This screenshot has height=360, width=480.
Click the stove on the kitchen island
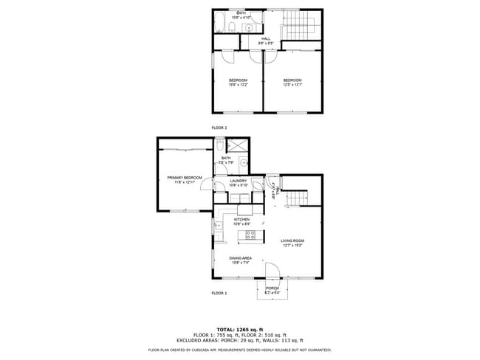click(250, 235)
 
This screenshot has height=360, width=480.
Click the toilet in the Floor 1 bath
click(220, 145)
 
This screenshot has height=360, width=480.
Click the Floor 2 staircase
click(304, 22)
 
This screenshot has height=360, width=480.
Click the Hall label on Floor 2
click(264, 41)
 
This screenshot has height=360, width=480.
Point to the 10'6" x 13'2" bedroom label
click(238, 81)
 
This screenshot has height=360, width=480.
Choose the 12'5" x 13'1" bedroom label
click(292, 81)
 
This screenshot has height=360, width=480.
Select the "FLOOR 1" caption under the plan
click(219, 294)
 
